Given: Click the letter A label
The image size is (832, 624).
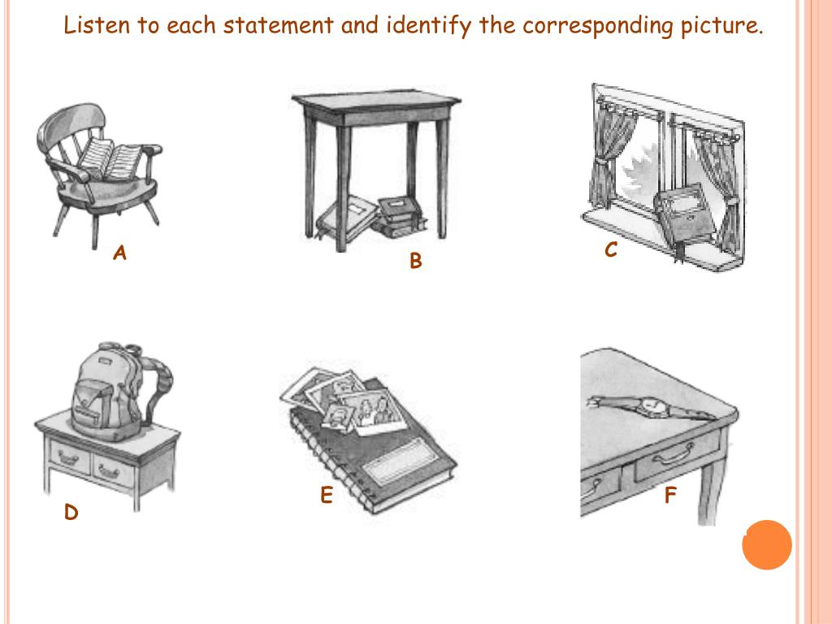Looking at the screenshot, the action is coord(119,253).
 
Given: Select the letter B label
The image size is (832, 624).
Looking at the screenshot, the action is coord(416,262).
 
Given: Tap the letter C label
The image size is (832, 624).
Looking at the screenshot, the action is coord(611,251).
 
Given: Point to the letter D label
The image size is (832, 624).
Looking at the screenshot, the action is coord(71,513).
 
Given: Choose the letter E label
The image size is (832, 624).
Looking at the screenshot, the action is coord(326,496).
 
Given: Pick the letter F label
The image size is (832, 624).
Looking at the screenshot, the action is coord(670,496).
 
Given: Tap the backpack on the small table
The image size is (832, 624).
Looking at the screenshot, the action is coord(114,390).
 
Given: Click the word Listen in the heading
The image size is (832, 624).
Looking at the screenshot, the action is coord(97,26).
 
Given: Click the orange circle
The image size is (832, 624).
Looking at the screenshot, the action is coord(766,544).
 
